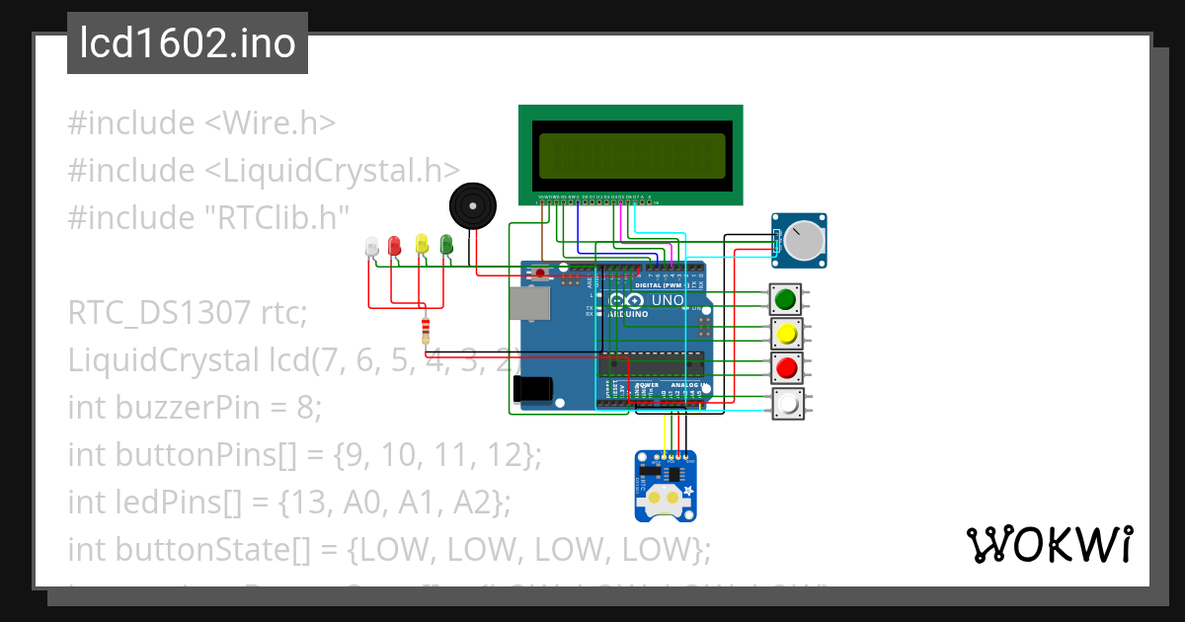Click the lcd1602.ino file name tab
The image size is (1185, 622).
click(x=188, y=43)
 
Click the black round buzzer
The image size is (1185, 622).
click(x=472, y=207)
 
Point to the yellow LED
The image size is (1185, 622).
click(x=422, y=244)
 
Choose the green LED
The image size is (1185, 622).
click(x=446, y=244)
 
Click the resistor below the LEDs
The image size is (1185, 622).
click(x=426, y=331)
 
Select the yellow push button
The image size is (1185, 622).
click(x=786, y=334)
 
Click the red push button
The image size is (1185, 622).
click(x=786, y=368)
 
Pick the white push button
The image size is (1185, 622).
click(x=786, y=404)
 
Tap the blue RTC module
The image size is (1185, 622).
click(x=665, y=485)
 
